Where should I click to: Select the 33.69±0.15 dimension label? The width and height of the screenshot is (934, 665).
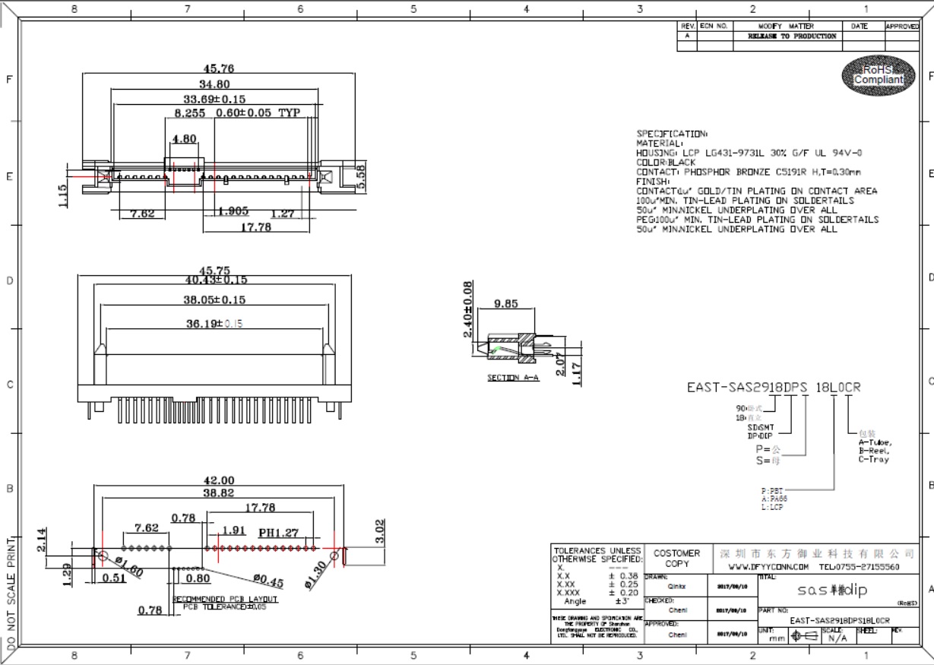click(214, 99)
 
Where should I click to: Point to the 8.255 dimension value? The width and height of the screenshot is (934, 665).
click(190, 113)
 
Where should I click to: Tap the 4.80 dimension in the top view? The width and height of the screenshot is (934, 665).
click(185, 139)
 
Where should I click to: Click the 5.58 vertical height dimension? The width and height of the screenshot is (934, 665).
click(361, 176)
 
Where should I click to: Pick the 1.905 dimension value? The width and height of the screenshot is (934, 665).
click(233, 212)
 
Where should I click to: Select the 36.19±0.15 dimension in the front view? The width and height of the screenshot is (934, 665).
click(214, 324)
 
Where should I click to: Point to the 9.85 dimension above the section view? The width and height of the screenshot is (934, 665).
click(505, 304)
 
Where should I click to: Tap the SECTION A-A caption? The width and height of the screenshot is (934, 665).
click(513, 378)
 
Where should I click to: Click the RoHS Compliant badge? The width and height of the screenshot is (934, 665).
click(878, 74)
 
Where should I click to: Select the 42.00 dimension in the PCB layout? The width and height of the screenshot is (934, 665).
click(217, 480)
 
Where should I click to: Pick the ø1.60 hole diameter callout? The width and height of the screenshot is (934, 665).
click(129, 567)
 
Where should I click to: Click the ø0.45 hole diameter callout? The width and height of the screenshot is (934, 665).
click(268, 581)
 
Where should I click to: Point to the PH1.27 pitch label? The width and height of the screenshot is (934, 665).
click(278, 532)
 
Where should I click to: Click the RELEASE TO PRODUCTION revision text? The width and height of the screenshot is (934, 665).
click(792, 36)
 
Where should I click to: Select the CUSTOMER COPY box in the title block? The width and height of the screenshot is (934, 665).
click(676, 559)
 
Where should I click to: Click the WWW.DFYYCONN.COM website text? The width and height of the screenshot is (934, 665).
click(768, 567)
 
